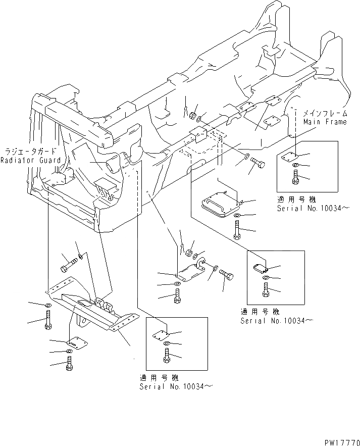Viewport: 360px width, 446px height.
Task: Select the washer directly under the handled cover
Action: (x=237, y=217)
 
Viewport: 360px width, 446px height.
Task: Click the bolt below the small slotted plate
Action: (x=69, y=364)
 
